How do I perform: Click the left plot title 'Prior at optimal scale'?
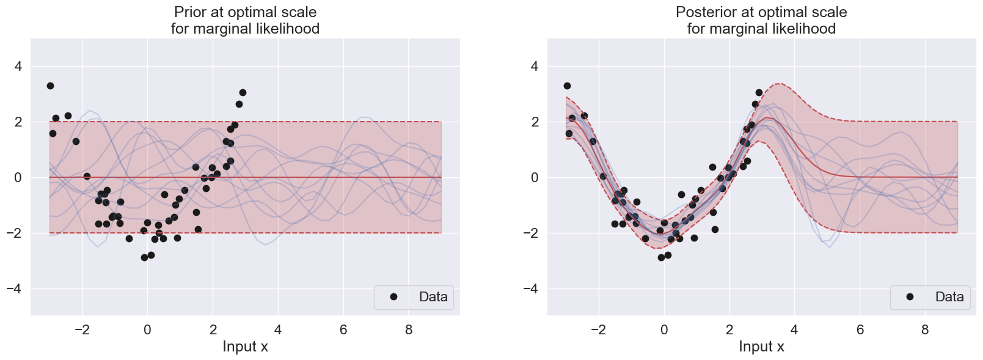(245, 12)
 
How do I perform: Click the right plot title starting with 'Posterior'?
(761, 12)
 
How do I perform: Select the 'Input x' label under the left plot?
(245, 347)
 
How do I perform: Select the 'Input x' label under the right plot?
(761, 347)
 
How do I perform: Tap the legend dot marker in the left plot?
(393, 297)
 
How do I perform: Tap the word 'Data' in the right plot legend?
(949, 297)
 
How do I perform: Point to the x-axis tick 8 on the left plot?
(409, 330)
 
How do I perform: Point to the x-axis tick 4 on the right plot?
(794, 330)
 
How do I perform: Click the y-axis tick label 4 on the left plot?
(18, 66)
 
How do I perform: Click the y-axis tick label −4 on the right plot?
(530, 288)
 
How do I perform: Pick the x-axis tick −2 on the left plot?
(82, 330)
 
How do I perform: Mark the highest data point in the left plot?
(50, 86)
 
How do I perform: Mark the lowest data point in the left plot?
(144, 257)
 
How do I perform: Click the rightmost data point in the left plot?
(243, 92)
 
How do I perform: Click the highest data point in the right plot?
(567, 86)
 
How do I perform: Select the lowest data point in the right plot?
(661, 257)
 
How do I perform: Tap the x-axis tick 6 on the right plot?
(860, 330)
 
